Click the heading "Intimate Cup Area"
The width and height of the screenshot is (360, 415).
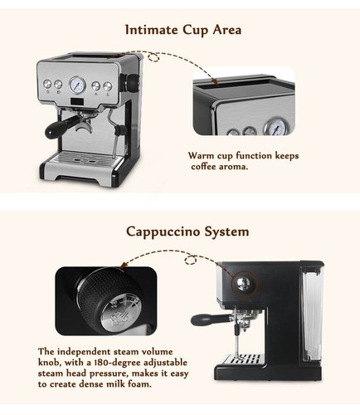182,30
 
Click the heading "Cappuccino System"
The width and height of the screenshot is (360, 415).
187,232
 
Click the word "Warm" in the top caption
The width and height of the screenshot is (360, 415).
202,156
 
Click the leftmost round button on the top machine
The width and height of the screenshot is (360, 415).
47,84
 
